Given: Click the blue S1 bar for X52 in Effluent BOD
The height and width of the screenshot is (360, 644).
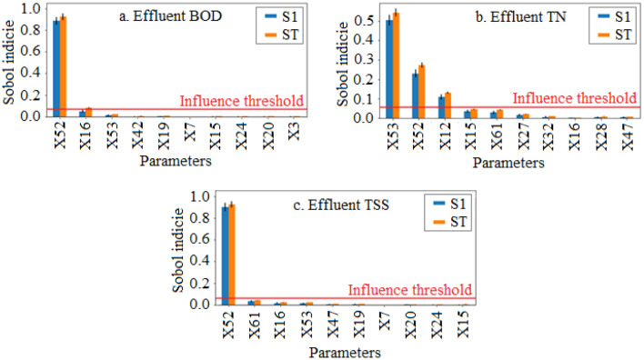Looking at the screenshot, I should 56,68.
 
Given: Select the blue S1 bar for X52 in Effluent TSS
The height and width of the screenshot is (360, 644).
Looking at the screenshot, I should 226,255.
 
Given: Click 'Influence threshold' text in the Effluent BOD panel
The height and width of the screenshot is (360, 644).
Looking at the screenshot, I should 241,101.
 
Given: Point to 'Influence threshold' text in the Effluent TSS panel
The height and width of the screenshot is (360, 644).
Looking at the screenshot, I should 410,289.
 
